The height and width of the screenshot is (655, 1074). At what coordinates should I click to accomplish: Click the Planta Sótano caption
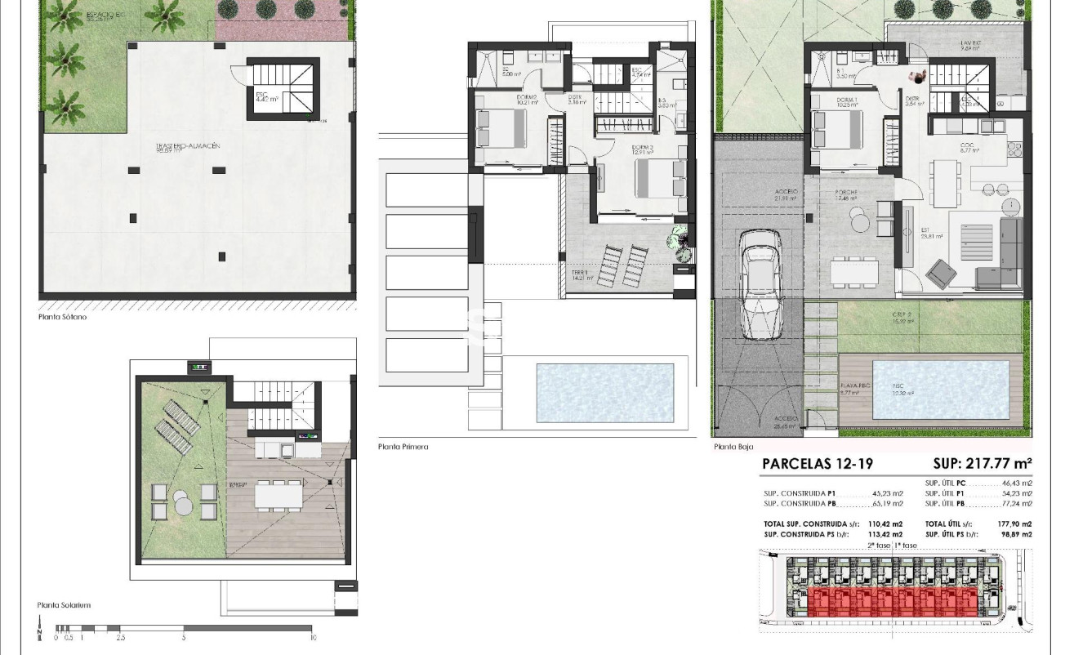pyautogui.click(x=62, y=317)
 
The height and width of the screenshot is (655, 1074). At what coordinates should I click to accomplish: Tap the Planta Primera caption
pyautogui.click(x=403, y=447)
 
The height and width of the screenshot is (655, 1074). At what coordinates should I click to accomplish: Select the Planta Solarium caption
pyautogui.click(x=64, y=605)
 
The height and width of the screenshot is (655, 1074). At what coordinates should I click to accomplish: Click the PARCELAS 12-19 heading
pyautogui.click(x=817, y=464)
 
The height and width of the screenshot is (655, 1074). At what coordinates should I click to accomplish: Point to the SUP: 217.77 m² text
pyautogui.click(x=983, y=464)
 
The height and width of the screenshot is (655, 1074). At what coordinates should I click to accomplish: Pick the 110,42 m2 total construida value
pyautogui.click(x=887, y=524)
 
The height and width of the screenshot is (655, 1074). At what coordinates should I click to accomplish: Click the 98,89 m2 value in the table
pyautogui.click(x=1016, y=534)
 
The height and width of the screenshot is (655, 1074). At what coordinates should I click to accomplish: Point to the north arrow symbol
pyautogui.click(x=38, y=630)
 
